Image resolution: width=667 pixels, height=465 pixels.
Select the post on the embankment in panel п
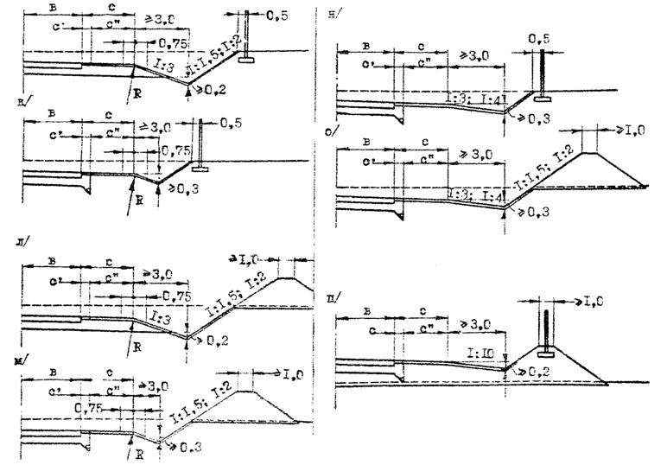[546, 328]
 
